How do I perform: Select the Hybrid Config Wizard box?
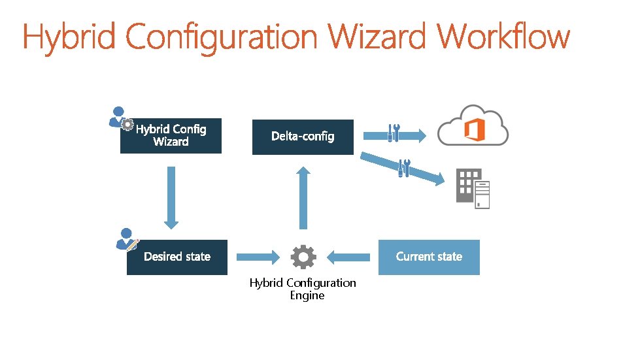(171, 136)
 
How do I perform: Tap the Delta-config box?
(303, 137)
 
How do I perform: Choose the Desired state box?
(177, 257)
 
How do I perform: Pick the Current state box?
(429, 257)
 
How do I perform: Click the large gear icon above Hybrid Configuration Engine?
(303, 257)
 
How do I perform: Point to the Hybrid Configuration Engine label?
(303, 289)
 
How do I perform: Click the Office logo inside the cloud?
(474, 130)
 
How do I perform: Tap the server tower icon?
(482, 195)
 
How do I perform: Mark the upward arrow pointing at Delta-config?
(303, 197)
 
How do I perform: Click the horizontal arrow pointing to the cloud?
(412, 136)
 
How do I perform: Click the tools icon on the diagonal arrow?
(404, 168)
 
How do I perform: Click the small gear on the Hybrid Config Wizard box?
(128, 125)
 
